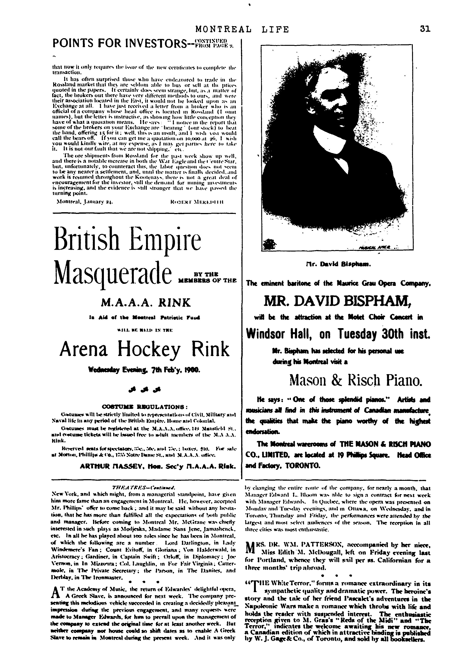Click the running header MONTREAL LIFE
[x=242, y=29]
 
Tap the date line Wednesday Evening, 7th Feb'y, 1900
[x=144, y=370]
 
